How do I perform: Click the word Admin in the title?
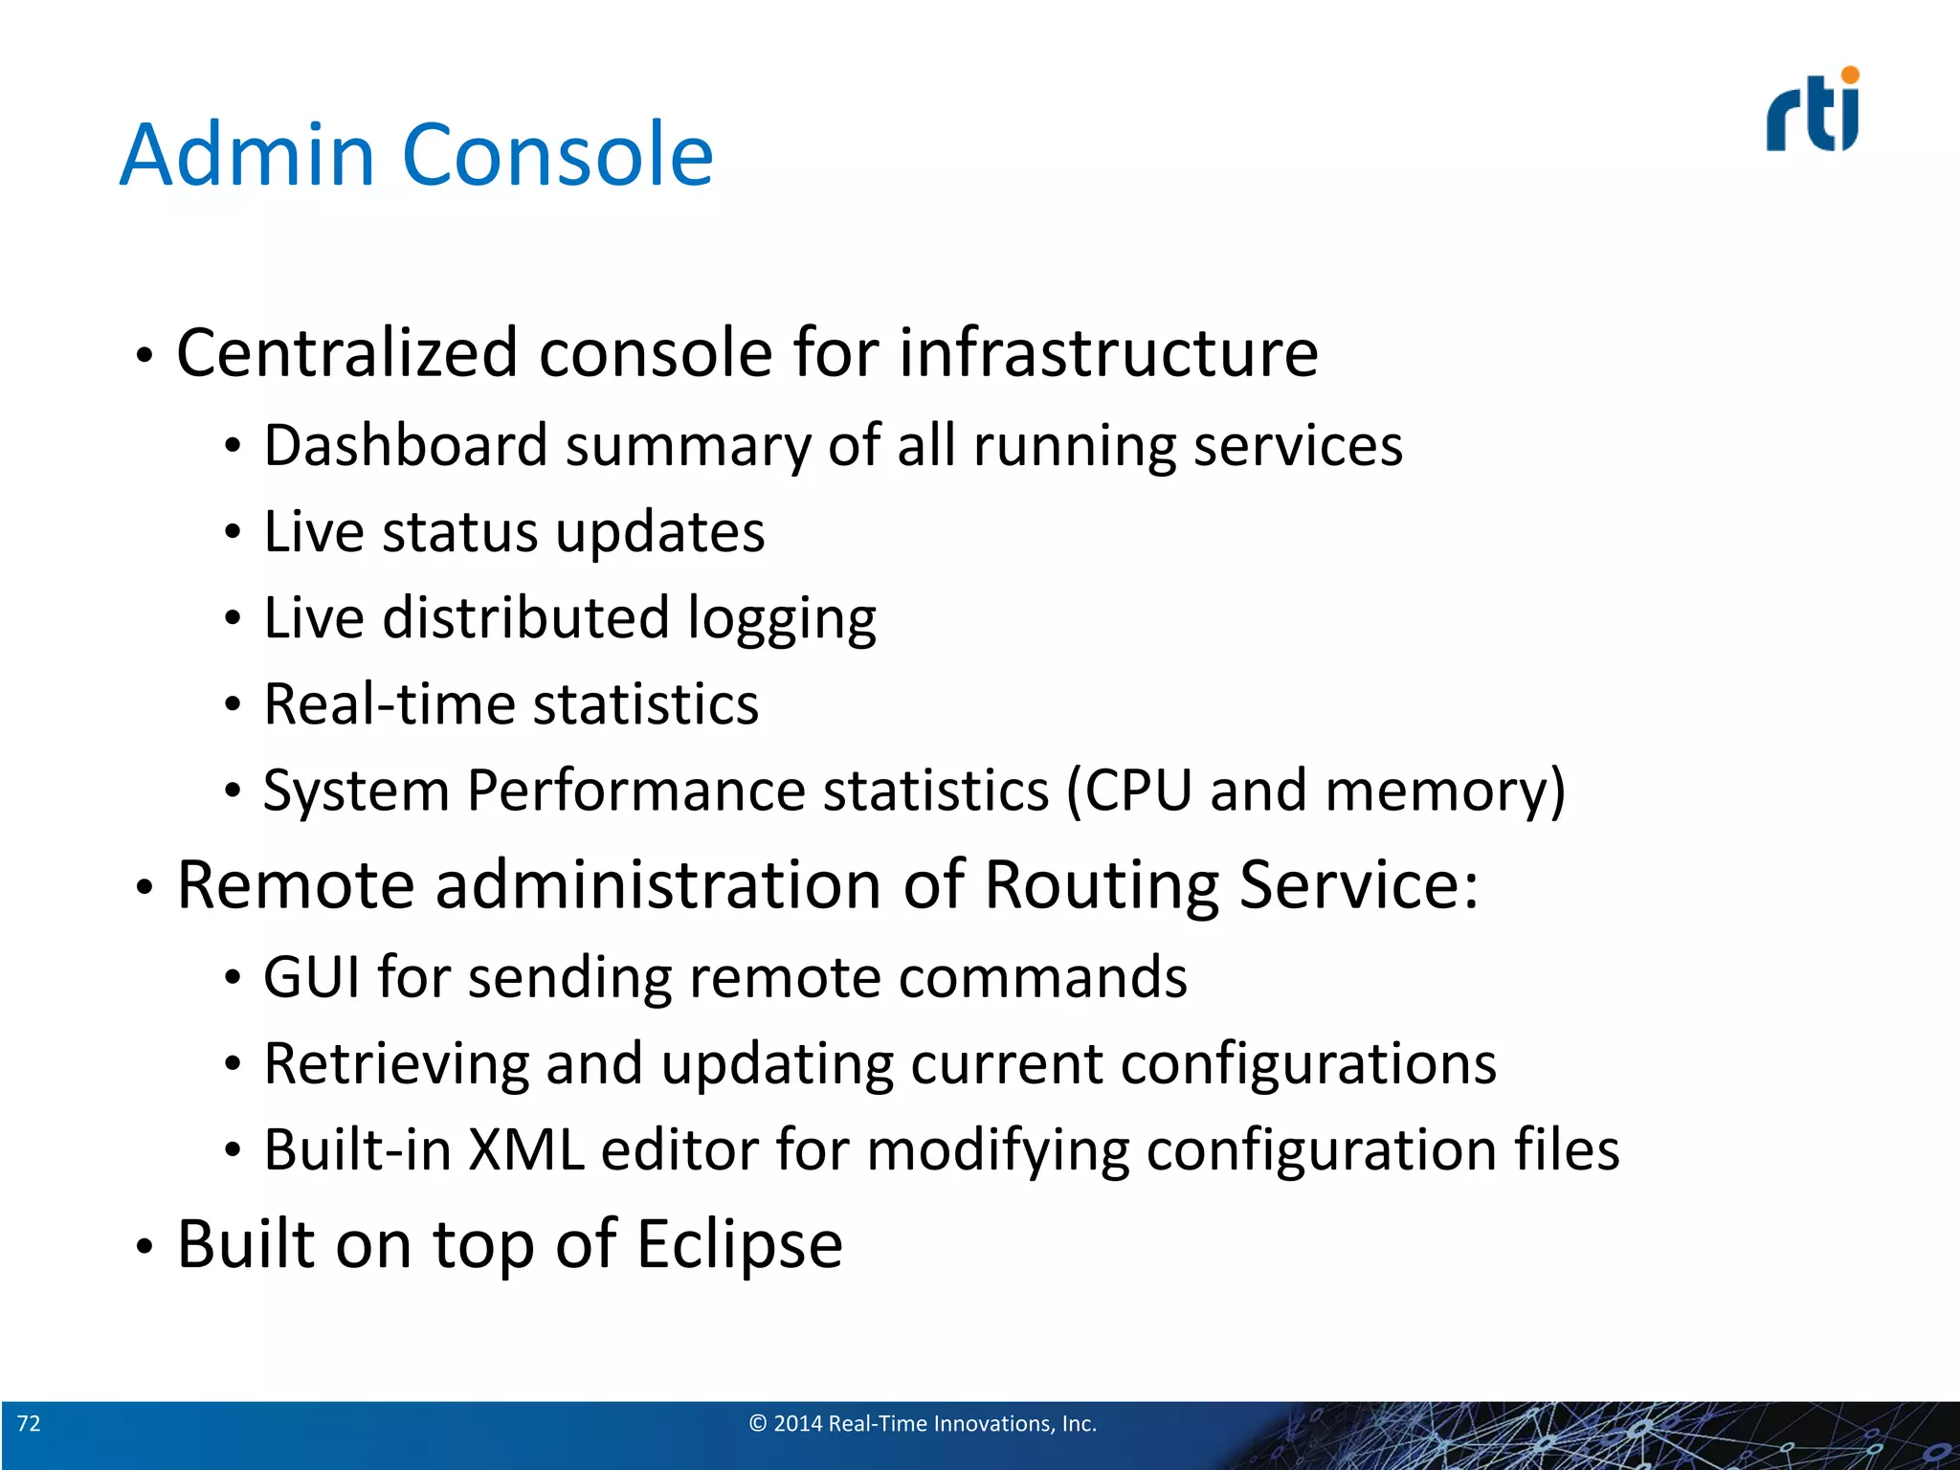tap(247, 155)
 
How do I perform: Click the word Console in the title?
tap(558, 155)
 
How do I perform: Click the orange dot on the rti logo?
tap(1850, 75)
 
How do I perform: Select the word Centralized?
tap(347, 353)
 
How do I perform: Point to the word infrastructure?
tap(1108, 353)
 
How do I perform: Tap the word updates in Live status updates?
tap(659, 532)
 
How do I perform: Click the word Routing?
tap(1102, 885)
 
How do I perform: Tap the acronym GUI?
tap(312, 977)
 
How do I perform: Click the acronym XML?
tap(525, 1149)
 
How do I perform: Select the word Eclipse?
tap(739, 1245)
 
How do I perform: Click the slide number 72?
tap(29, 1424)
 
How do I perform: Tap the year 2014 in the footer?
tap(798, 1424)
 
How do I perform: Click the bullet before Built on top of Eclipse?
tap(144, 1247)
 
